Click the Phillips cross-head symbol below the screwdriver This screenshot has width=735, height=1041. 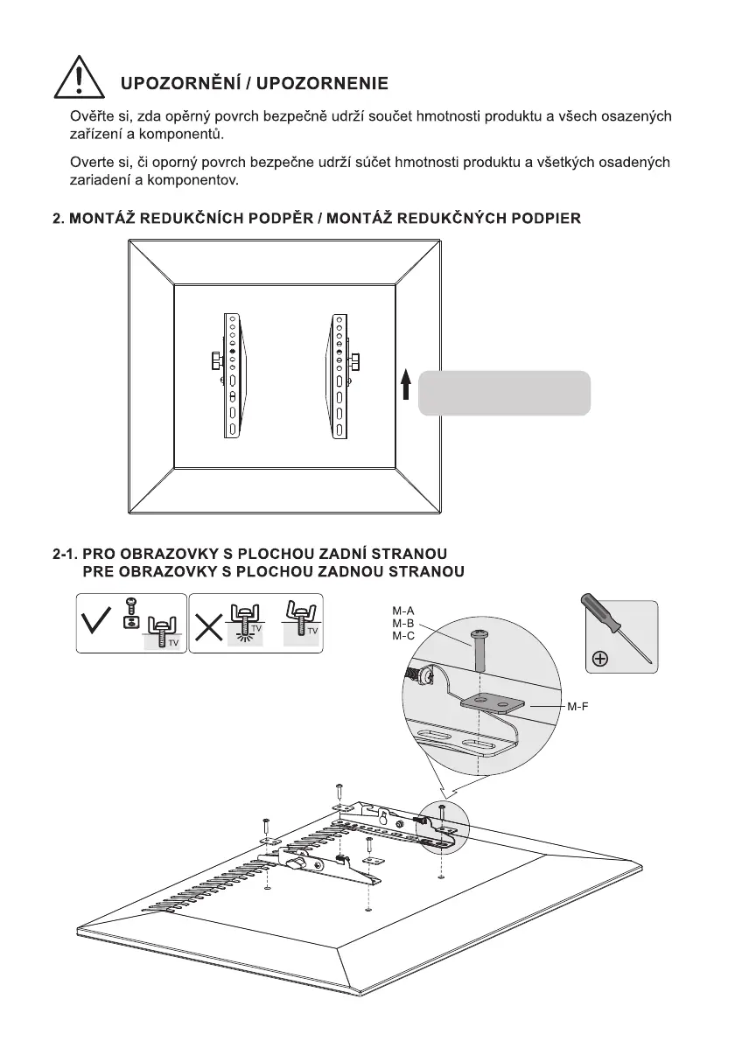[x=600, y=659]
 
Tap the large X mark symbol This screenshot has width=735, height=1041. [x=208, y=623]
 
